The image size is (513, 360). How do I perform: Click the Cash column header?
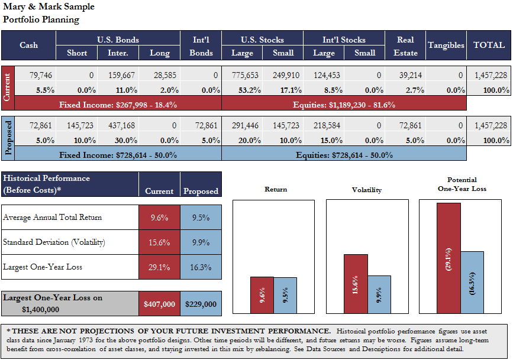point(28,46)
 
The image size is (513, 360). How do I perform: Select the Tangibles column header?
point(446,46)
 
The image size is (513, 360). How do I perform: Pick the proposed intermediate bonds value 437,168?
point(122,126)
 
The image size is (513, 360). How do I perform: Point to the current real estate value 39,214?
point(405,76)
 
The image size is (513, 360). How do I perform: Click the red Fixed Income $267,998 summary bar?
point(118,104)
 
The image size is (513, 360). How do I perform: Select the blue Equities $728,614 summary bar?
point(344,154)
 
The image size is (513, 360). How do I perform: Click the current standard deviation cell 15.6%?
point(159,242)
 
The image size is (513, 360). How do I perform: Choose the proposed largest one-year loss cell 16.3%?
point(201,267)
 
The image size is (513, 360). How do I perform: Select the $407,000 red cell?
point(159,304)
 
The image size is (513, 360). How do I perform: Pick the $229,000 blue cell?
point(201,304)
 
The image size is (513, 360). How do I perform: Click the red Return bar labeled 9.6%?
point(262,295)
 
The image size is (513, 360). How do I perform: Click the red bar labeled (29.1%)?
point(449,258)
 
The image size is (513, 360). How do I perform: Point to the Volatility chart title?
point(367,190)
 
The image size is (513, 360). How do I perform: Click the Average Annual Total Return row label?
point(53,218)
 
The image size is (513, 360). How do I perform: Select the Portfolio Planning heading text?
point(41,19)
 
